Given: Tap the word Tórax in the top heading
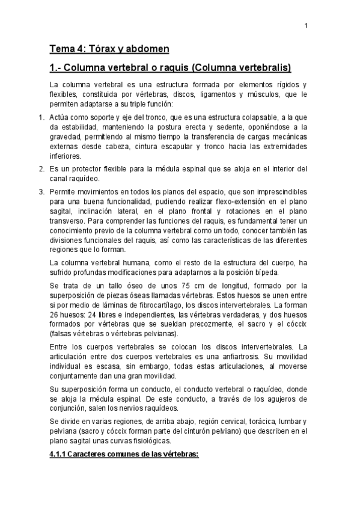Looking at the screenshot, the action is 96,48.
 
